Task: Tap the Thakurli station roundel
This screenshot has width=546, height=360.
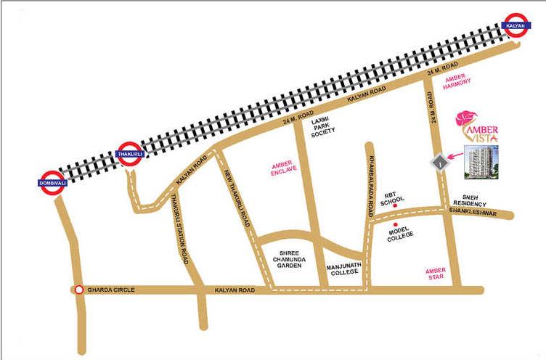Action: (x=128, y=154)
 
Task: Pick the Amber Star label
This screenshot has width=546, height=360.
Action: (x=439, y=274)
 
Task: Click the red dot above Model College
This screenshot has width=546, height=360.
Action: (x=396, y=225)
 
